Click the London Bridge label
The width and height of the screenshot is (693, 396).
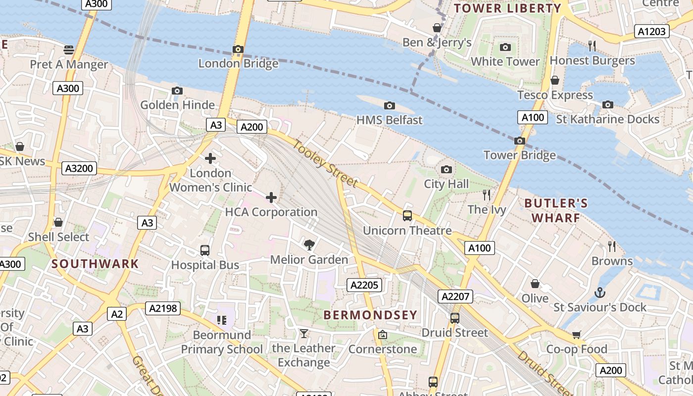click(238, 63)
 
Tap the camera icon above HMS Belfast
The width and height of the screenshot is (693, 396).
click(390, 105)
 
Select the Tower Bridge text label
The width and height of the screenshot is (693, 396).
click(519, 155)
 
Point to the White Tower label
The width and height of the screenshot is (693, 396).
click(505, 61)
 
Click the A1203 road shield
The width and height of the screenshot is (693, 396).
click(652, 32)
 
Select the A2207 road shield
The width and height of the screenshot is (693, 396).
click(455, 297)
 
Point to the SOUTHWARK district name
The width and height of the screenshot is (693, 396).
click(95, 263)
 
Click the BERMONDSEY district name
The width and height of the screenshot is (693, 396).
click(370, 315)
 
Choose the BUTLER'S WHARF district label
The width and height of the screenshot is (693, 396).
click(556, 210)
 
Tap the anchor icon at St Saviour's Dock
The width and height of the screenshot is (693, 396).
click(600, 293)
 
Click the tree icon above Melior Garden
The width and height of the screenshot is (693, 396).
click(309, 245)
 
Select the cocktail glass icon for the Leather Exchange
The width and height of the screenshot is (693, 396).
click(303, 334)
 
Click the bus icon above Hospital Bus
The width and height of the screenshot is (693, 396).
click(205, 250)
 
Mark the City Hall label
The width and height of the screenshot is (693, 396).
click(446, 184)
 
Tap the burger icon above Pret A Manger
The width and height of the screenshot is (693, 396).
click(69, 49)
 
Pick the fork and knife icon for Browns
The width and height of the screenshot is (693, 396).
click(612, 246)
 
